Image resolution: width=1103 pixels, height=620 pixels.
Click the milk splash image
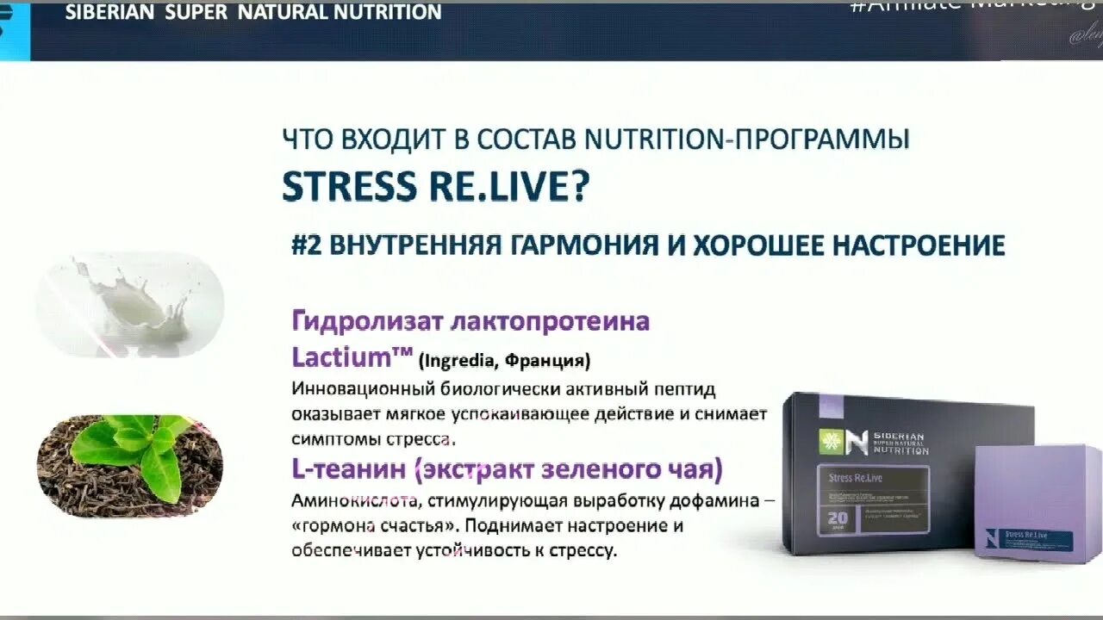[130, 304]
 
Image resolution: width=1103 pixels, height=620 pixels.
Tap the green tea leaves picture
[130, 465]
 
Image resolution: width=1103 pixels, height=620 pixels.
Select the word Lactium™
[349, 357]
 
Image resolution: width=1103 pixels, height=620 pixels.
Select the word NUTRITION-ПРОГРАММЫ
[746, 139]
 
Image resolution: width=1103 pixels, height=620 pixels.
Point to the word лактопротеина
[550, 322]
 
